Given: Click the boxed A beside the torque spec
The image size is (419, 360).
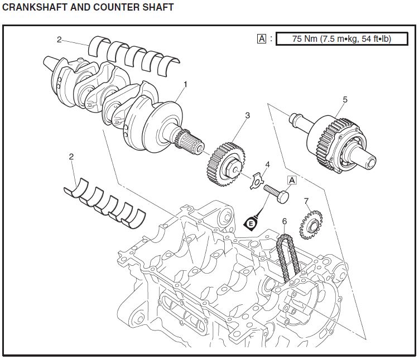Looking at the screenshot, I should coord(261,39).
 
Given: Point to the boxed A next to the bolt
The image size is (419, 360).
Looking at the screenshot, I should coord(292,180).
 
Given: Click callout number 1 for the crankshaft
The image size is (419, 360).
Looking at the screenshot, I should coord(186,84).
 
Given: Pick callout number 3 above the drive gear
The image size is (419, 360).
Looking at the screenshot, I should coord(247,115).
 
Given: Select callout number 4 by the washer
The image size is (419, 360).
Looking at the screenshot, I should coord(267,165).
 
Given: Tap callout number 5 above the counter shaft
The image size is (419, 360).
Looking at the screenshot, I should coord(345,99).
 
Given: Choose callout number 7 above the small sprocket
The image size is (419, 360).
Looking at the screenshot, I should coord(306,201).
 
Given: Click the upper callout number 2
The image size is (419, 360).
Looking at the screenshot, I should coord(59,39).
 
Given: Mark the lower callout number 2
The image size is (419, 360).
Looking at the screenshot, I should coord(71,157).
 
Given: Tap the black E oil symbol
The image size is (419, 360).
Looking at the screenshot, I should coord(252,223).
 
